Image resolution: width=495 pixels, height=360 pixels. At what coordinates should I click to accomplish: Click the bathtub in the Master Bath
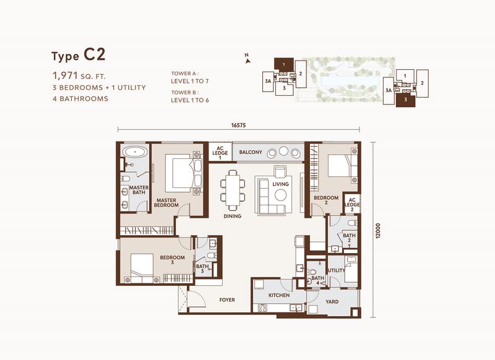[135, 152]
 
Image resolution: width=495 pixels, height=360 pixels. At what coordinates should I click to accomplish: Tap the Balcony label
[251, 152]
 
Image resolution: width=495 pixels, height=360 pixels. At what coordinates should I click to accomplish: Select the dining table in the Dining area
[233, 191]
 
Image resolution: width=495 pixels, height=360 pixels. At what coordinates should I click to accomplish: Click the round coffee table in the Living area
[280, 195]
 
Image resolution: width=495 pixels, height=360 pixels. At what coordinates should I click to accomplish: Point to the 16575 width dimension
[238, 126]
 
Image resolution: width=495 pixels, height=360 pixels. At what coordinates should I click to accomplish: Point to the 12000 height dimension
[379, 231]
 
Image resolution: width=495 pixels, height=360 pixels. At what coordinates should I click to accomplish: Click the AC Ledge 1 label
[220, 153]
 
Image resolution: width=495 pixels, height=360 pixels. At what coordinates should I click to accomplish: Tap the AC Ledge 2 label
[352, 205]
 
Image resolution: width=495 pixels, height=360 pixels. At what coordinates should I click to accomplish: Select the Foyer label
[227, 300]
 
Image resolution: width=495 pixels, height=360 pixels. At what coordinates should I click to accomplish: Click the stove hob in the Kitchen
[262, 307]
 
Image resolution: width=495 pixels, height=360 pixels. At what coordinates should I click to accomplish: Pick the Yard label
[332, 302]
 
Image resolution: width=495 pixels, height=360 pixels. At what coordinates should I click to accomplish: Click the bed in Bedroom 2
[343, 166]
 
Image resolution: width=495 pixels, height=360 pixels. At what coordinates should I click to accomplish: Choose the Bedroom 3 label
[172, 260]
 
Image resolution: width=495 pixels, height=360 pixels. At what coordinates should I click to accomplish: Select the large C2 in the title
[95, 54]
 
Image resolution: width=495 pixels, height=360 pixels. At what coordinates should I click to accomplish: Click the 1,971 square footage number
[65, 75]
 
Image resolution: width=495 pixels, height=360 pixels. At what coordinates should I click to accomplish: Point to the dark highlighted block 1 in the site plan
[283, 65]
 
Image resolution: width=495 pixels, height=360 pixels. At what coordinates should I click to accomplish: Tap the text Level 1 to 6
[190, 100]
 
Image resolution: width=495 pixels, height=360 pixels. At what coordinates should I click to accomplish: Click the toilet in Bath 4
[311, 272]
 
